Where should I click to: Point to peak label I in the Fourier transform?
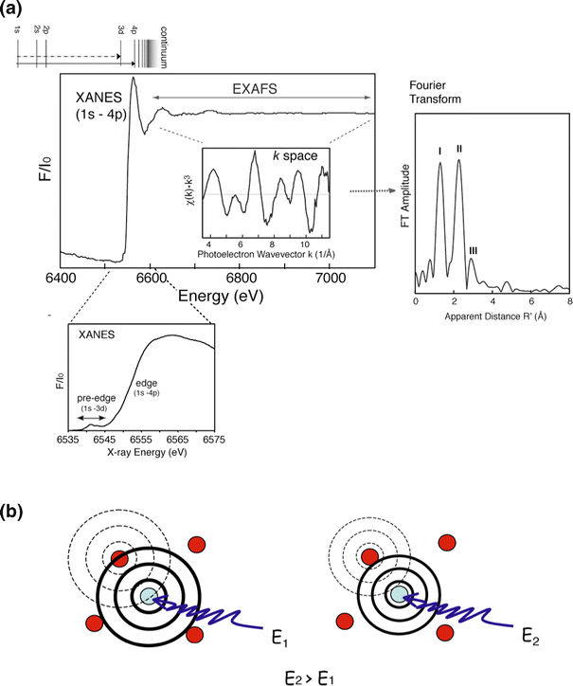[439, 150]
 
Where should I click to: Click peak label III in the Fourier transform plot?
[474, 250]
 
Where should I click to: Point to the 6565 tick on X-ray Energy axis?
[177, 441]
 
